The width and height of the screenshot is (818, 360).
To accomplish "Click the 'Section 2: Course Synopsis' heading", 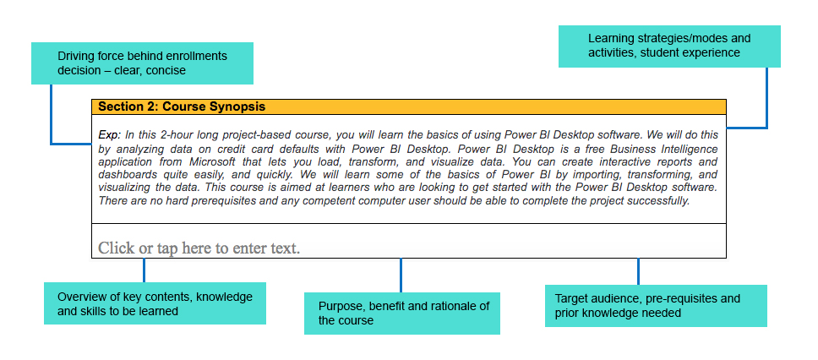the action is (x=182, y=106).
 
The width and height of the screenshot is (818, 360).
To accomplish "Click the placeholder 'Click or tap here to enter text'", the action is (x=199, y=248).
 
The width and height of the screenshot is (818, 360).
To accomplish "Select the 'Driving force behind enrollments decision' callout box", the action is (x=143, y=63).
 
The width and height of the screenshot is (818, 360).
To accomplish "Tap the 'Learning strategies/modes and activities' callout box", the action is (x=669, y=46).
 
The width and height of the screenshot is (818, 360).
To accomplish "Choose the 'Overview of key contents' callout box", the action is (x=155, y=303).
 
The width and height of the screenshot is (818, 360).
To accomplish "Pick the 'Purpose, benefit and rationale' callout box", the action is (x=402, y=313).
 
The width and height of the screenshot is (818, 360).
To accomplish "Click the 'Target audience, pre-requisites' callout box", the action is (x=656, y=306).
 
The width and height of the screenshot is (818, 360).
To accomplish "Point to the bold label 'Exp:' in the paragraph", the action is (x=110, y=135).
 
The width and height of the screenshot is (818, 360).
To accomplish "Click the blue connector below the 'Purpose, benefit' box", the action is (x=401, y=275).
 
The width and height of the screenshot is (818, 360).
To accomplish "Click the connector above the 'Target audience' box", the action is (x=638, y=271).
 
